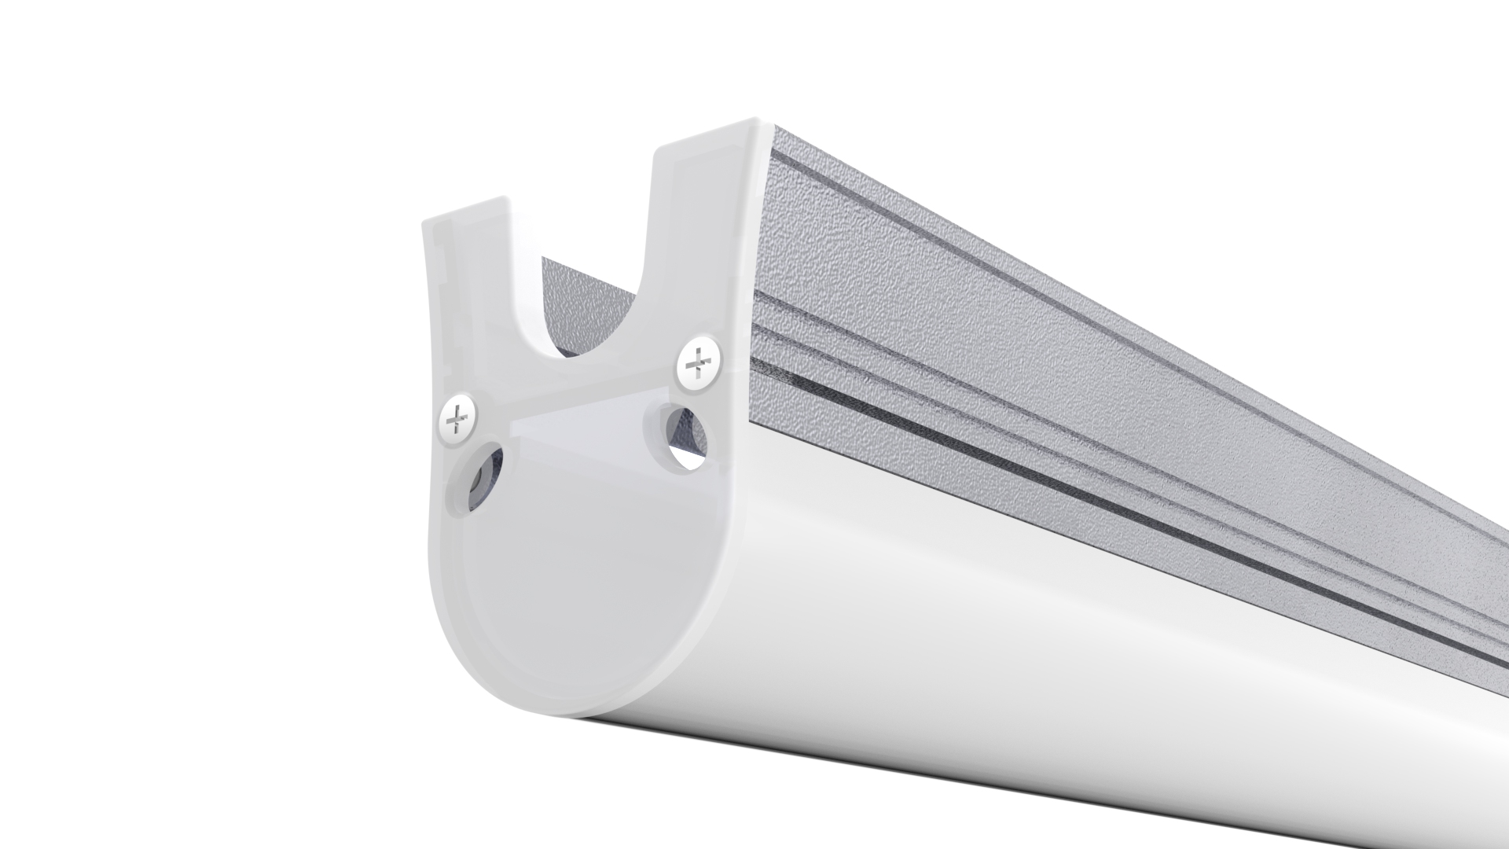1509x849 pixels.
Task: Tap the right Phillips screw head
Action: [698, 363]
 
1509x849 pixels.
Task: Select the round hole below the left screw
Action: [476, 478]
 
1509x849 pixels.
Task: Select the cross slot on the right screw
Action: [698, 363]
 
